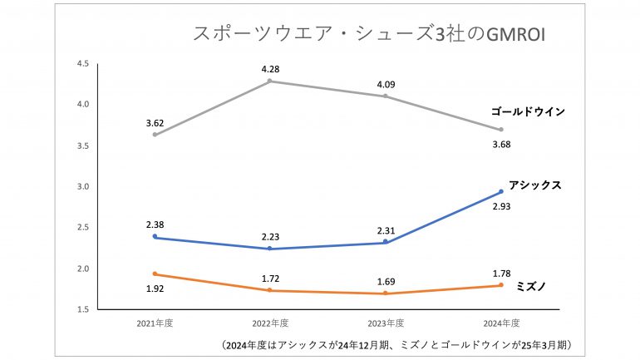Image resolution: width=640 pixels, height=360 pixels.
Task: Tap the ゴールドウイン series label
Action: tap(528, 111)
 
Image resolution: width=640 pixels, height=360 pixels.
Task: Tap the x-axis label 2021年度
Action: tap(155, 323)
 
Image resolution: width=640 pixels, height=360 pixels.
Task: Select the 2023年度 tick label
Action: tap(386, 323)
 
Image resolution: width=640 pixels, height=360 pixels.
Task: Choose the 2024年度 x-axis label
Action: tap(501, 323)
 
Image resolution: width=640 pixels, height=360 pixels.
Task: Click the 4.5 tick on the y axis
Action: tap(82, 64)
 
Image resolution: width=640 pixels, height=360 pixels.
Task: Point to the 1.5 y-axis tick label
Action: tap(82, 309)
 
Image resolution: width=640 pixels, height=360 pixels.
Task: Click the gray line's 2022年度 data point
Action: tap(270, 81)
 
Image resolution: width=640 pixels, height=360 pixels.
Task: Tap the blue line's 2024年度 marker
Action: tap(501, 191)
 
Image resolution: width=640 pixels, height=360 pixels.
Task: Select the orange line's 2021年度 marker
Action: tap(155, 274)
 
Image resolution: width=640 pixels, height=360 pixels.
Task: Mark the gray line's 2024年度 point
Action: tap(501, 130)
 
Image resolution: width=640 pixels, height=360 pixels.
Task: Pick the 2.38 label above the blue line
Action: tap(155, 224)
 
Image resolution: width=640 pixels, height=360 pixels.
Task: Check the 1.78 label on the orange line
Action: tap(502, 272)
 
